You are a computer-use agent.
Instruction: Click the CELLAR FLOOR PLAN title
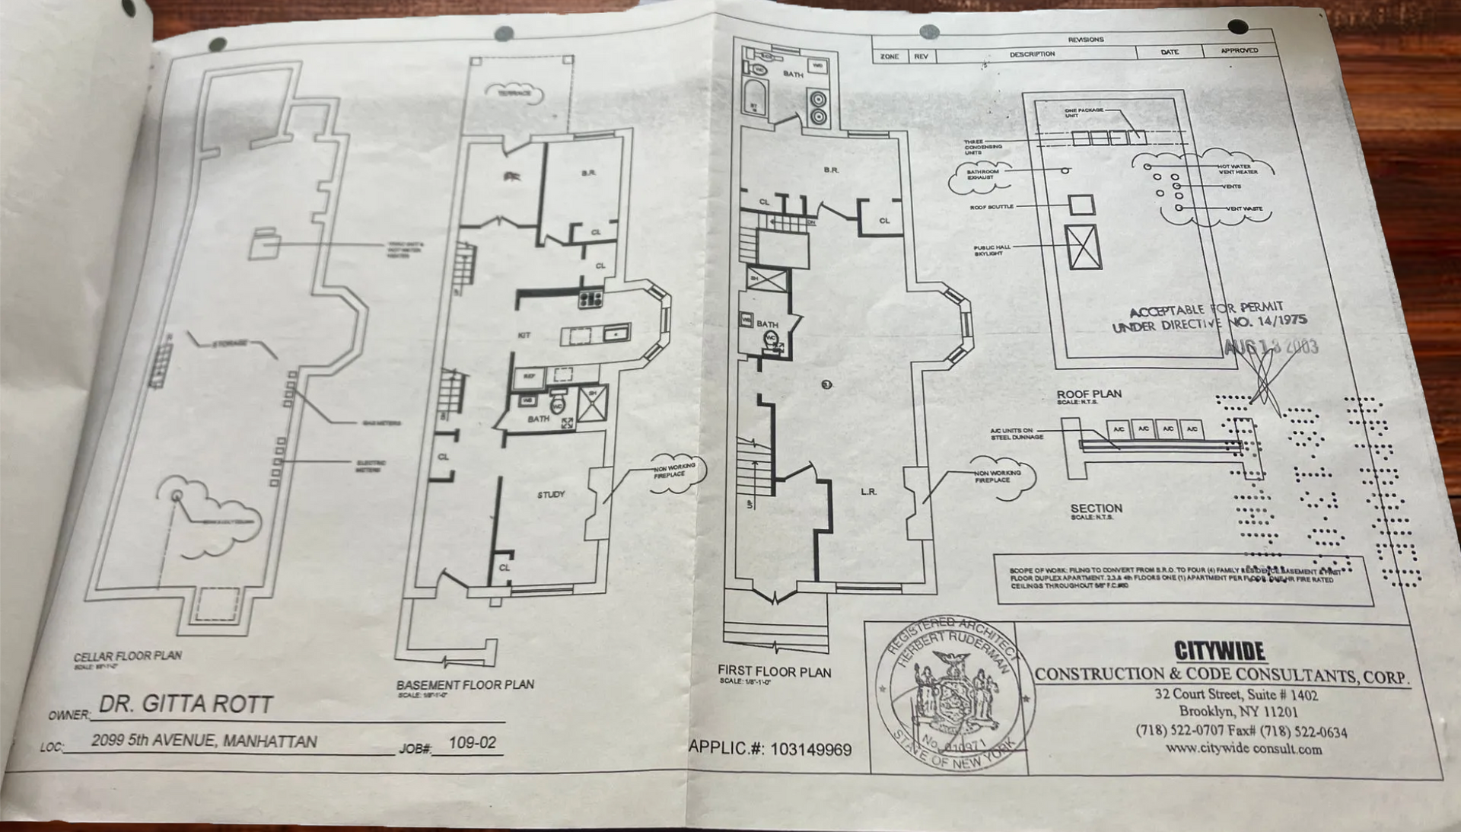[x=128, y=655]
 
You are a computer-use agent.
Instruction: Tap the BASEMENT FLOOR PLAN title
[x=465, y=684]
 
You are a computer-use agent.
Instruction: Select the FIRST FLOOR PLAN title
[x=774, y=671]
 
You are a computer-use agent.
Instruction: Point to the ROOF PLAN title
[x=1088, y=394]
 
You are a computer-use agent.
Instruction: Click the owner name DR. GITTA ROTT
[x=186, y=704]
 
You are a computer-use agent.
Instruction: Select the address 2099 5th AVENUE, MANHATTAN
[x=204, y=741]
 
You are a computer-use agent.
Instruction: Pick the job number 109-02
[x=472, y=743]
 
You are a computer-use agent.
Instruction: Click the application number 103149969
[x=810, y=750]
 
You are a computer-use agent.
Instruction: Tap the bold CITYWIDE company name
[x=1219, y=651]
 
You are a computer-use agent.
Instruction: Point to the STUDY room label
[x=551, y=495]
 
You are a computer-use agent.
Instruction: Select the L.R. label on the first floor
[x=868, y=492]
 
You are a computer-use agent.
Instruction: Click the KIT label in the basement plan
[x=524, y=335]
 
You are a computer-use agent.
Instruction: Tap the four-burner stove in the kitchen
[x=590, y=299]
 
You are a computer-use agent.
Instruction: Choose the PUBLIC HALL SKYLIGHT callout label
[x=992, y=250]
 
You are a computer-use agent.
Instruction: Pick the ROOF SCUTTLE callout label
[x=991, y=207]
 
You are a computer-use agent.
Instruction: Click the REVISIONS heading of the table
[x=1085, y=40]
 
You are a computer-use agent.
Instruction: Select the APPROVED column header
[x=1239, y=51]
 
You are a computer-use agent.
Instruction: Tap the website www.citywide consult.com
[x=1243, y=748]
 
